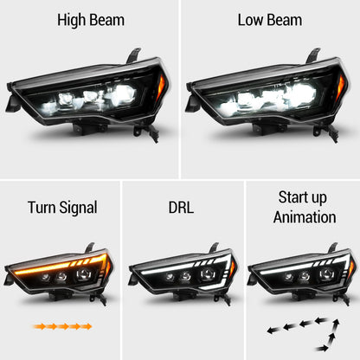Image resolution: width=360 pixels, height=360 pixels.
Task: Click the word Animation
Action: click(x=304, y=217)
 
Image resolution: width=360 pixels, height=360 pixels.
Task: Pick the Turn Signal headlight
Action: click(x=61, y=273)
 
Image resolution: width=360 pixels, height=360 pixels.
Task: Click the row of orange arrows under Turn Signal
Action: click(x=61, y=327)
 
